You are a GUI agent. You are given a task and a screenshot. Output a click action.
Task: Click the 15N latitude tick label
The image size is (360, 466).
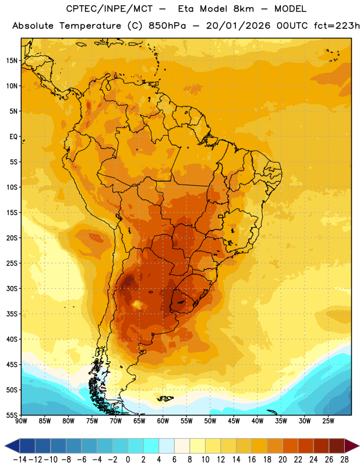(12, 61)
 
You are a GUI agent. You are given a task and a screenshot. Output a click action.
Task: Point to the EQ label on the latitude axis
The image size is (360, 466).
(13, 137)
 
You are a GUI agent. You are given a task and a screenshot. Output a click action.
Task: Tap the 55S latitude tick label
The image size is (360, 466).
(12, 415)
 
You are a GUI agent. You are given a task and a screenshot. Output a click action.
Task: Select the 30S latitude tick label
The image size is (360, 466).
(12, 288)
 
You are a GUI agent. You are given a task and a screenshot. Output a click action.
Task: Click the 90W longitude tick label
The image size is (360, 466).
(22, 421)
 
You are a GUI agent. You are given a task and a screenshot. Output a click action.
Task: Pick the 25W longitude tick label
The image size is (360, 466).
(328, 421)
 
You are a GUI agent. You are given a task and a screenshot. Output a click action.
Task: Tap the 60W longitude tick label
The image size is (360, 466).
(163, 421)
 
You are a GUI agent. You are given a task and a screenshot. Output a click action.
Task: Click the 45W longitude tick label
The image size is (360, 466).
(234, 421)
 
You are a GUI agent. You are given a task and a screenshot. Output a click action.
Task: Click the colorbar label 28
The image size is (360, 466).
(344, 460)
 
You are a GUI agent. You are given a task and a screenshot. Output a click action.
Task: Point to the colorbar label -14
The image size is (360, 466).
(20, 460)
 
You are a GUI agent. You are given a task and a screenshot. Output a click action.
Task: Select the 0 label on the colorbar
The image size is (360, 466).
(128, 460)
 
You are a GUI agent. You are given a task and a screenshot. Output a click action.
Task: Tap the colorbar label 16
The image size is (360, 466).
(252, 460)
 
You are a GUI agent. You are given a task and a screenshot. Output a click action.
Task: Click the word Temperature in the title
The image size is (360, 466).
(90, 26)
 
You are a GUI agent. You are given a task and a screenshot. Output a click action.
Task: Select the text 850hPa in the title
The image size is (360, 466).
(167, 26)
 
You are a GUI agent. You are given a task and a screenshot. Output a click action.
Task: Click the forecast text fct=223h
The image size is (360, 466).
(337, 26)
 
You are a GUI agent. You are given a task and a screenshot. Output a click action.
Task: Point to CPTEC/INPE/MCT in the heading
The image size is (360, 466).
(110, 9)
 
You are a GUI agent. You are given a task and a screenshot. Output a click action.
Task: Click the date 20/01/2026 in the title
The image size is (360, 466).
(238, 26)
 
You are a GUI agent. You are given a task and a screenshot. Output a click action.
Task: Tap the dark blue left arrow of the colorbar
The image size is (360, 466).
(12, 446)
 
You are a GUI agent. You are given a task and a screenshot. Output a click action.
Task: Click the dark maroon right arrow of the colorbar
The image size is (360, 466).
(352, 446)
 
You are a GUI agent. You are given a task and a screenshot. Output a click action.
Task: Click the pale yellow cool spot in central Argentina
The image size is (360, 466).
(137, 305)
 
